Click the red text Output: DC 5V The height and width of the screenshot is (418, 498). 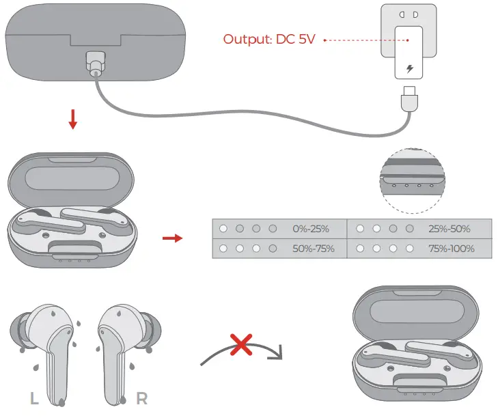268,39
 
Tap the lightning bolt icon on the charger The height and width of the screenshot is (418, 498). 409,69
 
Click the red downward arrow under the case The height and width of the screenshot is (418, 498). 73,120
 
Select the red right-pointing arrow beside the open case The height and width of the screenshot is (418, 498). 173,238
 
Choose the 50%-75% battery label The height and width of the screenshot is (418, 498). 314,249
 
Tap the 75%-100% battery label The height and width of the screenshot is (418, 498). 451,249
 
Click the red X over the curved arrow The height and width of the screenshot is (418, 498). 241,346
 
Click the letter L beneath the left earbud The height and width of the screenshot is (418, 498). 34,398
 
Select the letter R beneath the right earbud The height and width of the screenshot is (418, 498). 141,398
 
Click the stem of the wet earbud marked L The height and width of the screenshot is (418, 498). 60,369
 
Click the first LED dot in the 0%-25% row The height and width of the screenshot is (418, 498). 222,229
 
